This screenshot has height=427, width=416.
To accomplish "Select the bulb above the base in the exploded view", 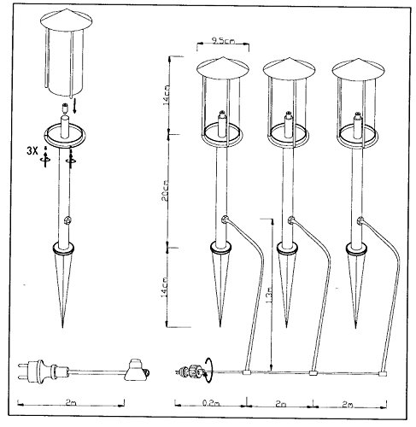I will pos(64,111).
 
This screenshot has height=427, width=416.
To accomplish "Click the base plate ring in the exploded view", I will pos(64,133).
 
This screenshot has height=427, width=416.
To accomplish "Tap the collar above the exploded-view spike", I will pos(64,249).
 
